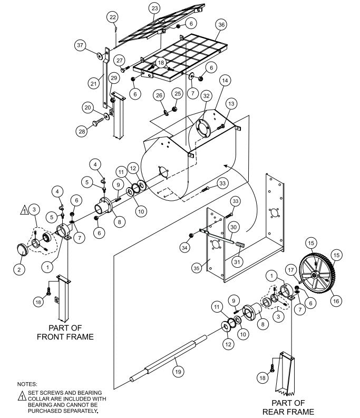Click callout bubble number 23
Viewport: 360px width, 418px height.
coord(154,9)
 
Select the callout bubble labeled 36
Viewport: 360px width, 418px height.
coord(221,24)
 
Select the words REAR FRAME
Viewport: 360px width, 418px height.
coord(288,411)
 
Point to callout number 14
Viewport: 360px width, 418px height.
coord(225,81)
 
